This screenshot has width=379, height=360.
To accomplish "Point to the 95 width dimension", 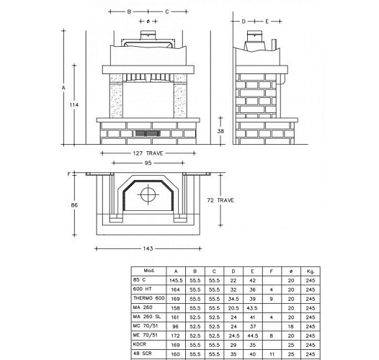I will [148, 163].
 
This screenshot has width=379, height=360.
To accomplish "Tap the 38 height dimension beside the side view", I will [221, 131].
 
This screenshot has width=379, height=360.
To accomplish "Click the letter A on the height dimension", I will [64, 88].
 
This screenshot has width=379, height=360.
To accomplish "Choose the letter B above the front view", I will [129, 12].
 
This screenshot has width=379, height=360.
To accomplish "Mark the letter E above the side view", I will [267, 22].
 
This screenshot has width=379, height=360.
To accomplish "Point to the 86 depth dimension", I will [73, 206].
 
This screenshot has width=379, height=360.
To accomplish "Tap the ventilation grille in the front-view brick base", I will [148, 134].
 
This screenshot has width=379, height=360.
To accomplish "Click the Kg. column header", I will [310, 270].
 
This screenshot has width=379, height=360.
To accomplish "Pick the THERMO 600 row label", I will [149, 298].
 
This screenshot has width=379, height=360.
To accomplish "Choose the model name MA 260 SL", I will [147, 317].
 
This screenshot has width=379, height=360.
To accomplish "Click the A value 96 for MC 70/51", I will [175, 326].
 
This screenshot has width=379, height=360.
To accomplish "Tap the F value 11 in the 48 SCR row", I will [272, 354].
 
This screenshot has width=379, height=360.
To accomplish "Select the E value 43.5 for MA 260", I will [252, 307].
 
